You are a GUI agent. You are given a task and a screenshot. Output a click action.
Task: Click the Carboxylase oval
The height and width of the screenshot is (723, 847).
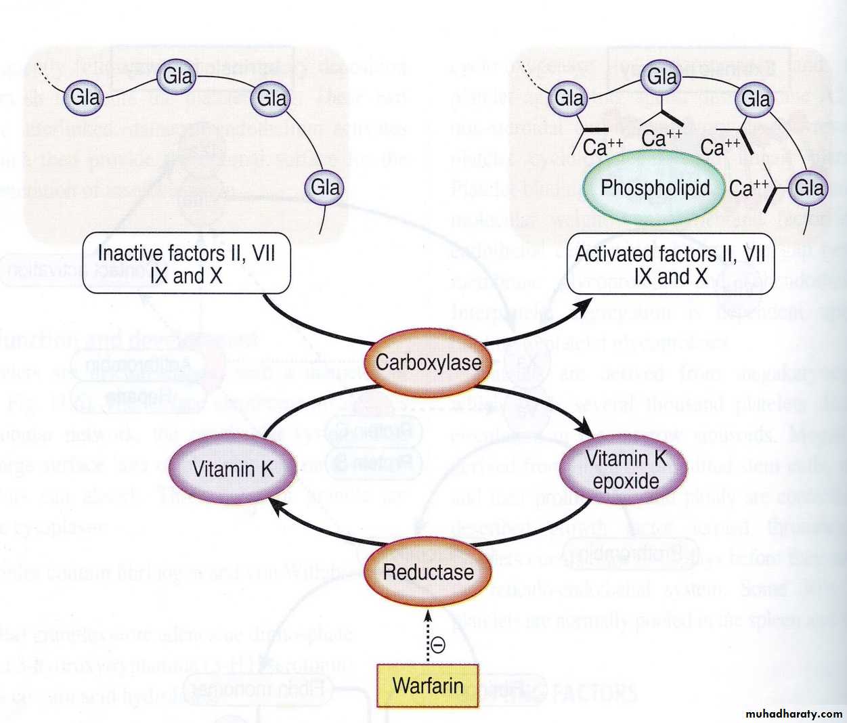428,362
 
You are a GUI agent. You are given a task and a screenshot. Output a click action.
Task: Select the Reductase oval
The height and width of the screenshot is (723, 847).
428,572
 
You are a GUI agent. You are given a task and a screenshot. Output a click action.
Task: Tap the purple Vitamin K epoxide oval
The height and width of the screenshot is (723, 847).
626,470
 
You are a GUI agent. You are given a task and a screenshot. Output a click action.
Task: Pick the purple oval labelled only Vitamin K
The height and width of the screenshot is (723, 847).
232,469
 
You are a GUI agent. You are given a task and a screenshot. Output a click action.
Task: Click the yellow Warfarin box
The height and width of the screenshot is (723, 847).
428,686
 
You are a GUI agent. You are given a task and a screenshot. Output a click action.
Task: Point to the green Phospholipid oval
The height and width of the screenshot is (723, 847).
655,188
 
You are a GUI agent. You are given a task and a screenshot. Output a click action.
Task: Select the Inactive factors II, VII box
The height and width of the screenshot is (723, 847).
186,264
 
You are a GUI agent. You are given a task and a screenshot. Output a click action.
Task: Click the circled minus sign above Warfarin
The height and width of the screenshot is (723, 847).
438,645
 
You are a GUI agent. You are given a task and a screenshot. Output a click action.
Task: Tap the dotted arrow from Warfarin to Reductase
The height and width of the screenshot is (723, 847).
428,633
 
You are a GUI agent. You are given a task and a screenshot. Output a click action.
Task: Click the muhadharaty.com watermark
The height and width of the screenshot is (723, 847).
794,714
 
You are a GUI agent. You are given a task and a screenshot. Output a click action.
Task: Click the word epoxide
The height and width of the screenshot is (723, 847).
626,481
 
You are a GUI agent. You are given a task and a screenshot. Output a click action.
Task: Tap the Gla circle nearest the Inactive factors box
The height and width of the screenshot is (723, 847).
326,187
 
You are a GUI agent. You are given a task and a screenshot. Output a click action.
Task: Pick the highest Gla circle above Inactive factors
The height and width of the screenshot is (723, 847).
178,75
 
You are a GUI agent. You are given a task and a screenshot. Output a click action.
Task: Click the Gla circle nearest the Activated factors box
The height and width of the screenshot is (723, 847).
809,188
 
